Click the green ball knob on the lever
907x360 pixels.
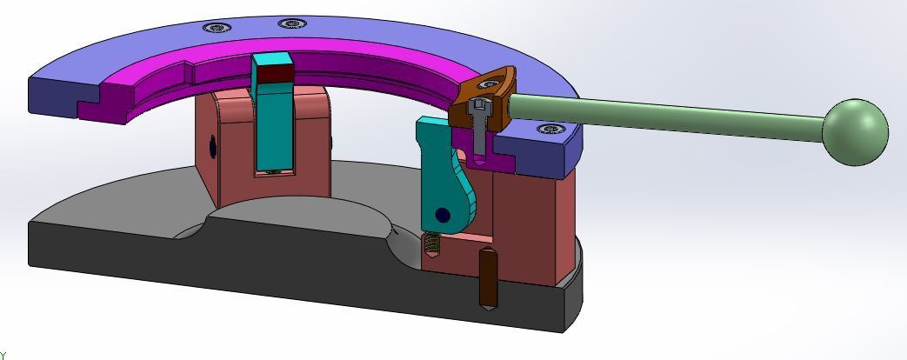pos(855,132)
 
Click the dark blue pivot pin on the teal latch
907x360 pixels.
pos(443,214)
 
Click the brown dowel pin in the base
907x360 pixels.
pos(489,278)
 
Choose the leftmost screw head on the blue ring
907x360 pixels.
pos(216,28)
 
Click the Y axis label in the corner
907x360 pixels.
pos(3,355)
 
